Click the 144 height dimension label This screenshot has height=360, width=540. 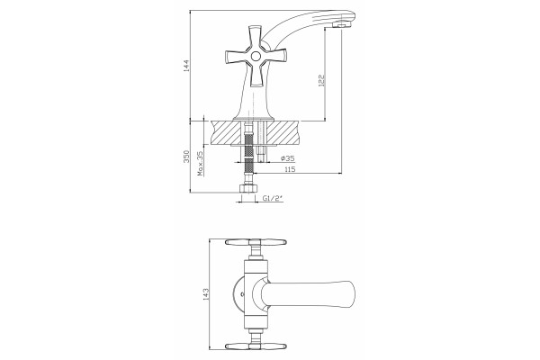coord(186,66)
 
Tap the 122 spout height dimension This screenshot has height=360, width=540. coord(321,80)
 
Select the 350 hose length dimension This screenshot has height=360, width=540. coord(186,157)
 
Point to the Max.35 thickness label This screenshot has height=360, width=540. coord(201,164)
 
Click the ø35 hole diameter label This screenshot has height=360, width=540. coord(288,158)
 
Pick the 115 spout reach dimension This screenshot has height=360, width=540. coord(290,169)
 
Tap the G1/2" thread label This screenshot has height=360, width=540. coord(273,198)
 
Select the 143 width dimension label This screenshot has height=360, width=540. coord(206,294)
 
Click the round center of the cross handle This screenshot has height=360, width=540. coord(256,56)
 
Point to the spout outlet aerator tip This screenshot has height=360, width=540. coord(342,25)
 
